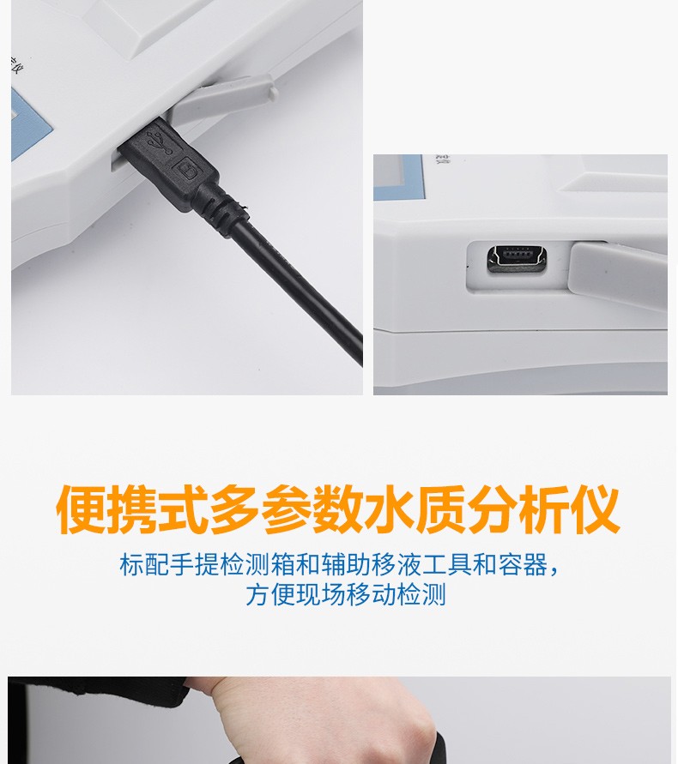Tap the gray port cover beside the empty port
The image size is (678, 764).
tap(617, 270)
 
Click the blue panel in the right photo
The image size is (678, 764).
tap(398, 177)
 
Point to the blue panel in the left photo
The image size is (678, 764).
tap(30, 125)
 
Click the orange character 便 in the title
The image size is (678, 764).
tap(81, 509)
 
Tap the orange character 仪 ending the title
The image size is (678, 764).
tap(594, 509)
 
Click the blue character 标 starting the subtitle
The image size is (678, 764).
tap(131, 565)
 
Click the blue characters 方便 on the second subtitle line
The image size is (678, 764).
tap(270, 595)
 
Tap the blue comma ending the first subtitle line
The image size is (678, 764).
tap(554, 571)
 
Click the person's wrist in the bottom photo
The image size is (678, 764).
tap(254, 707)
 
